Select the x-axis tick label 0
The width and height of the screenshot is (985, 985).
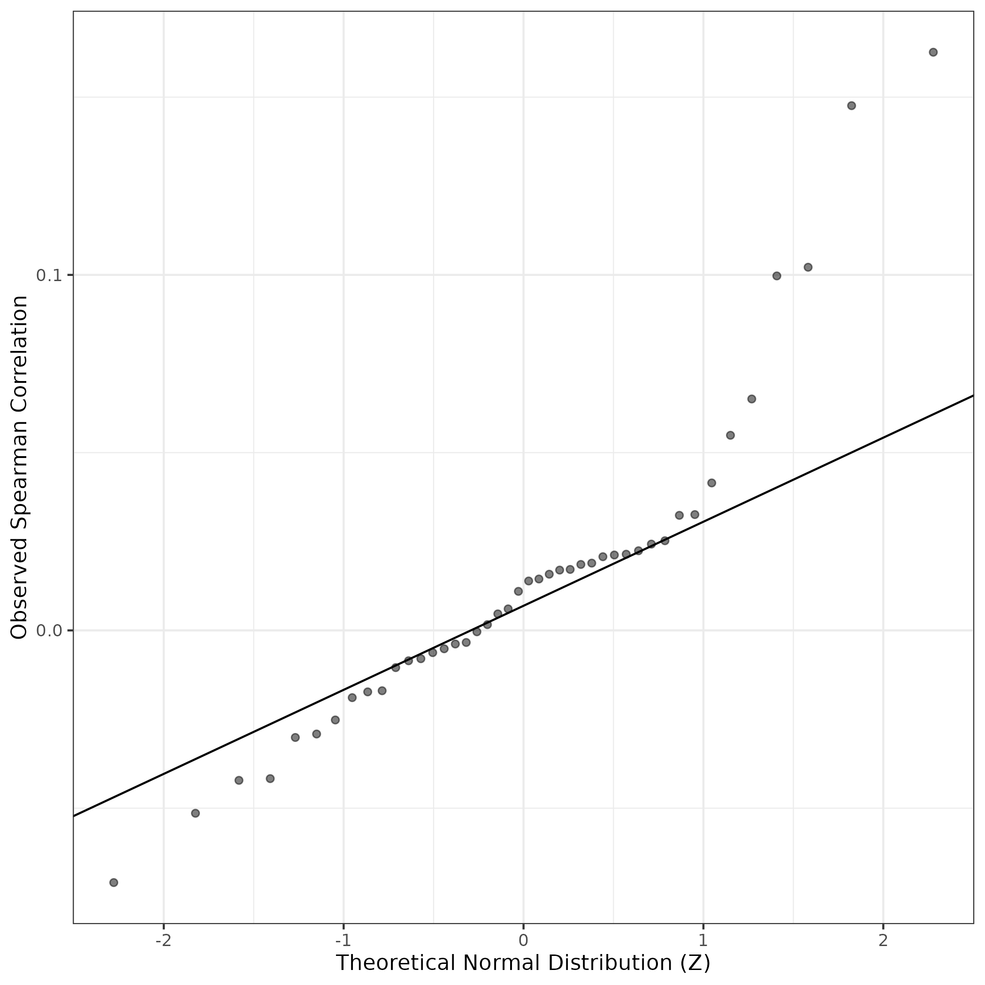coord(523,940)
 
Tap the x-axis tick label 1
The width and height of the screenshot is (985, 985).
coord(703,940)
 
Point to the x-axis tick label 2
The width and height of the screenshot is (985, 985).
coord(883,940)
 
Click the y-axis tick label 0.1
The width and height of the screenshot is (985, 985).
coord(49,275)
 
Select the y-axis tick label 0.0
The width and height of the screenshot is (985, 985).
coord(49,631)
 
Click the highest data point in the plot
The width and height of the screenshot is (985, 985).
coord(933,52)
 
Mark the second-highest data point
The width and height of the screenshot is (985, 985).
coord(851,106)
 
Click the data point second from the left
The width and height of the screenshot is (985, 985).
coord(195,813)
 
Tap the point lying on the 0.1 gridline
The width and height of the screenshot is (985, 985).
coord(777,276)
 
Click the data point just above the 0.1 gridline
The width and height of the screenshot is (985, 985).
coord(808,267)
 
